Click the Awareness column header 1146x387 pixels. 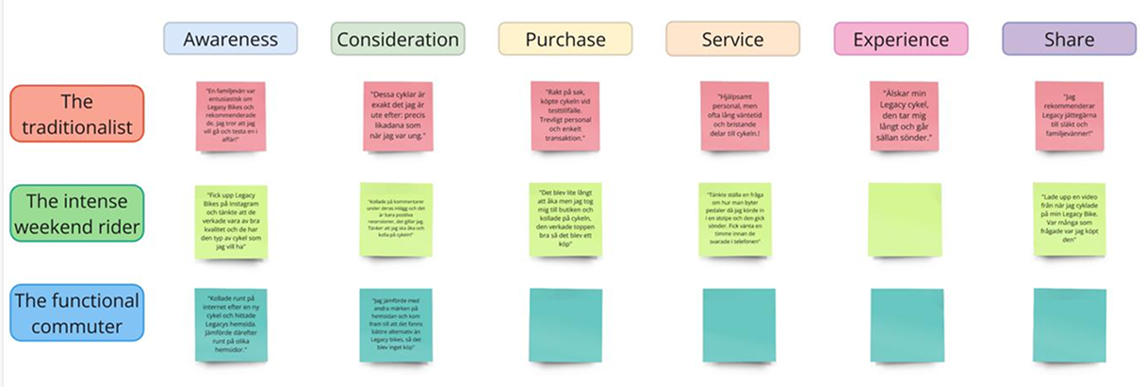pyautogui.click(x=230, y=39)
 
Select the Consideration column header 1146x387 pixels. pyautogui.click(x=398, y=39)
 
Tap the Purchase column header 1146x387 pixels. pyautogui.click(x=565, y=39)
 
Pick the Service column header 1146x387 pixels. pyautogui.click(x=732, y=39)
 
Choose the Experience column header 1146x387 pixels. pyautogui.click(x=901, y=39)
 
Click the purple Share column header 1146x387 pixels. pyautogui.click(x=1069, y=39)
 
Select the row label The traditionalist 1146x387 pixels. pyautogui.click(x=77, y=113)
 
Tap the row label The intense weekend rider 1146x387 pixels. pyautogui.click(x=77, y=213)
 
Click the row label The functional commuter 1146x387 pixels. pyautogui.click(x=77, y=312)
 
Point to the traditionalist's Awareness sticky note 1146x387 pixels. pyautogui.click(x=230, y=116)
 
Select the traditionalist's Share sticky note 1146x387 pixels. pyautogui.click(x=1069, y=116)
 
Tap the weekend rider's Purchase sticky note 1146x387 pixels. pyautogui.click(x=565, y=220)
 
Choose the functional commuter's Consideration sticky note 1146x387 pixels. pyautogui.click(x=396, y=326)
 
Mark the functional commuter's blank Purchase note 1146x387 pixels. pyautogui.click(x=565, y=326)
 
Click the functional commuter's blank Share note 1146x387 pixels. pyautogui.click(x=1069, y=326)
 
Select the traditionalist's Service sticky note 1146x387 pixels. pyautogui.click(x=736, y=116)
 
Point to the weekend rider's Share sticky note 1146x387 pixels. pyautogui.click(x=1069, y=220)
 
